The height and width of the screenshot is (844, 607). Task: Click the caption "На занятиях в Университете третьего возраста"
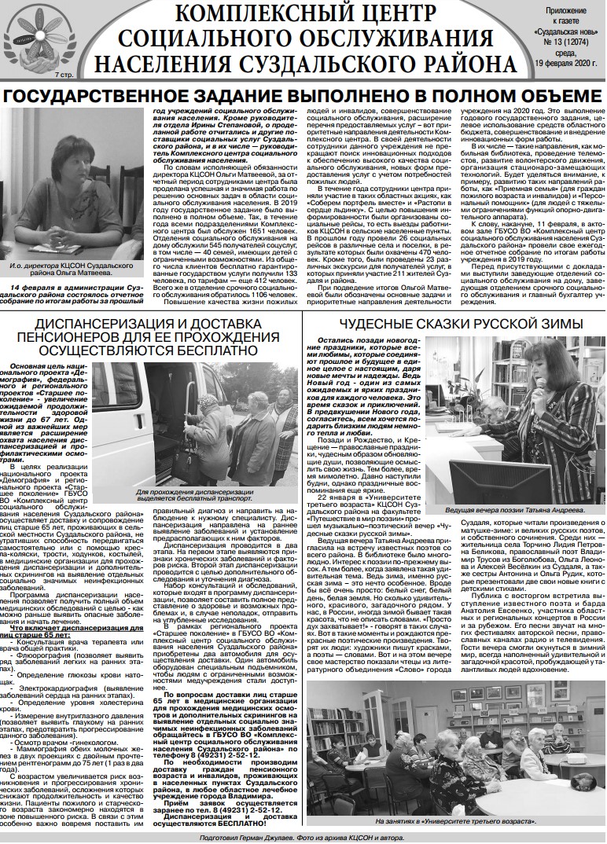point(454,821)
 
